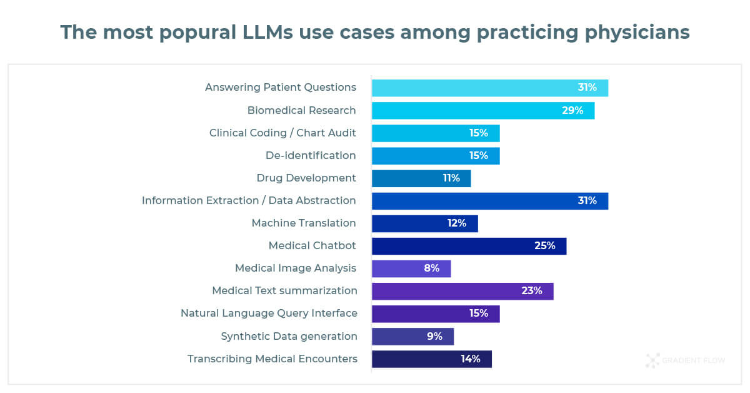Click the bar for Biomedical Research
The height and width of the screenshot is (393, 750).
[482, 111]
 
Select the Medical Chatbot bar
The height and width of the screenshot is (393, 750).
[469, 246]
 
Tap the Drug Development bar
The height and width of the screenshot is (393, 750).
[421, 178]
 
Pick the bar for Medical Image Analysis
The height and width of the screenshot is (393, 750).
[411, 268]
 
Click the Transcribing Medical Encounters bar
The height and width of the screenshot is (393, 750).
[431, 359]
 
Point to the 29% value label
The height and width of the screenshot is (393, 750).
[572, 111]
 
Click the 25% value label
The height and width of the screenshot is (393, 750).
[544, 246]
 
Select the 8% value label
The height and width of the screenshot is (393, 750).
[431, 268]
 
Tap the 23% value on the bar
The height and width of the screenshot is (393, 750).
[531, 291]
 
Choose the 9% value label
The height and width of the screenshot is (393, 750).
[434, 336]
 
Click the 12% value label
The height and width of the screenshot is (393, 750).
[456, 223]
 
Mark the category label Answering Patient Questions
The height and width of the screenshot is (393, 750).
[280, 88]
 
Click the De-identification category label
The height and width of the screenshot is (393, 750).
[310, 155]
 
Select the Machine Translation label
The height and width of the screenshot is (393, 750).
[303, 223]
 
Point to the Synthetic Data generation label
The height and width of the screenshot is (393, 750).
[289, 337]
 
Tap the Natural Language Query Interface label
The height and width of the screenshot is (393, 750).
[269, 314]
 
